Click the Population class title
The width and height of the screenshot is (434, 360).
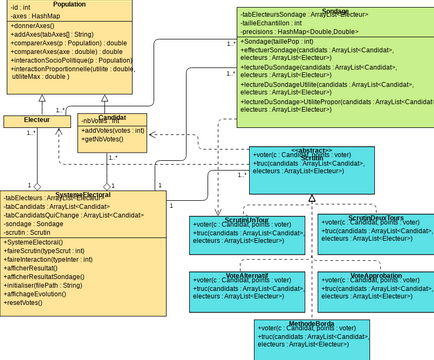pos(68,5)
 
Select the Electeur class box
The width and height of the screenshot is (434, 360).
pos(33,120)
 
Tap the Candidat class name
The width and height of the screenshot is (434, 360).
pos(112,118)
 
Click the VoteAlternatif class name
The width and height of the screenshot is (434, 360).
pos(248,274)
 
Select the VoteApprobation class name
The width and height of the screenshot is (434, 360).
pos(376,274)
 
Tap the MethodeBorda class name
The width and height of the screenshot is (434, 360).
pos(311,323)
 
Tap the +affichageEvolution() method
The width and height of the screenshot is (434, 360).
pos(46,293)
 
